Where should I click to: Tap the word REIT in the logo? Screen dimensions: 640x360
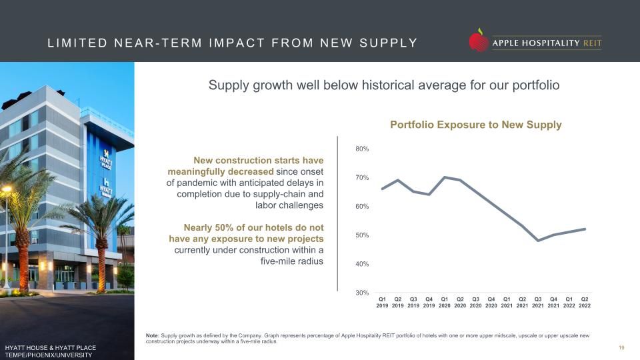click(592, 43)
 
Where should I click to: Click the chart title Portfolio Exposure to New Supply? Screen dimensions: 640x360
click(476, 125)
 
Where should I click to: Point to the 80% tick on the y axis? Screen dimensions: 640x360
click(362, 149)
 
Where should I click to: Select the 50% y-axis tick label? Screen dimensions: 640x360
click(362, 235)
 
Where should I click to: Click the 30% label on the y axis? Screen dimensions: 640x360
click(362, 293)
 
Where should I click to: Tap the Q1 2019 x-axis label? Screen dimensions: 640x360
click(382, 303)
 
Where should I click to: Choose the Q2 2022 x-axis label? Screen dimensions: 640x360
click(585, 303)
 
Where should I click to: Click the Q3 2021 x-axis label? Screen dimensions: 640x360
click(538, 303)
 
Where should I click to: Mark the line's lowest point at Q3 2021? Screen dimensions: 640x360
click(539, 241)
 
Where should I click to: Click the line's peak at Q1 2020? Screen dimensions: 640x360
click(445, 177)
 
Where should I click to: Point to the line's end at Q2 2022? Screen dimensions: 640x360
click(585, 229)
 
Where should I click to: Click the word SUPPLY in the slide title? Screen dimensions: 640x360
click(389, 43)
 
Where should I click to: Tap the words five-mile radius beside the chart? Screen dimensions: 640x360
click(292, 261)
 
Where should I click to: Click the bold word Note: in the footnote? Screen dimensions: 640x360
click(153, 335)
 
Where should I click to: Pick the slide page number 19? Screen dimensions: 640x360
click(621, 348)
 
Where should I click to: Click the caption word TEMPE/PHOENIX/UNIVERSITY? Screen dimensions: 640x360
click(49, 355)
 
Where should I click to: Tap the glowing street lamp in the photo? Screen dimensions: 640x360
click(7, 189)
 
